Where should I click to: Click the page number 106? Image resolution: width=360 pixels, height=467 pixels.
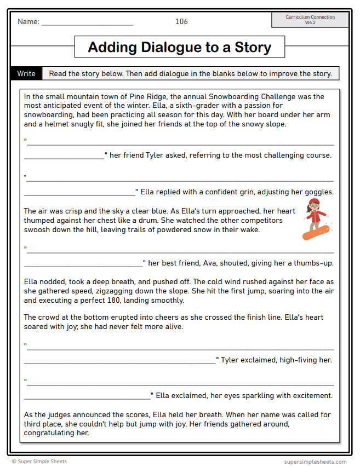[x=181, y=22]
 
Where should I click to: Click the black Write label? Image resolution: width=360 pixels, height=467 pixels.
[x=26, y=73]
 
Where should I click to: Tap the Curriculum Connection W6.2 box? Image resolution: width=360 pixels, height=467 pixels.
[x=310, y=20]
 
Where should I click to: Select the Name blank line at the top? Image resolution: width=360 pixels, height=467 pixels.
[x=87, y=24]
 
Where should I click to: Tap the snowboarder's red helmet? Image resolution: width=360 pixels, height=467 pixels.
[x=314, y=203]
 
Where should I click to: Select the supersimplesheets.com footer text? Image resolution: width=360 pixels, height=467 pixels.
[x=315, y=462]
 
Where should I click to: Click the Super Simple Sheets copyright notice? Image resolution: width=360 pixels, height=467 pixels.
[x=39, y=462]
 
